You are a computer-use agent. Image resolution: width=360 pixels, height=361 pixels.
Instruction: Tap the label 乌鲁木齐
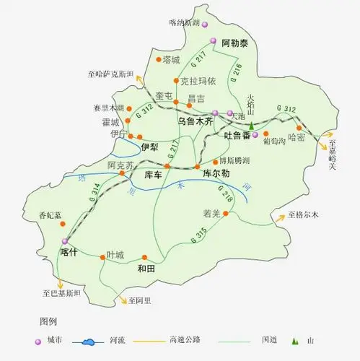(x=197, y=122)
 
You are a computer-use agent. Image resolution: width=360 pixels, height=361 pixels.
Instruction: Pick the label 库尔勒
(x=216, y=174)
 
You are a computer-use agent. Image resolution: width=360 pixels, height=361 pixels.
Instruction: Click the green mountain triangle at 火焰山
(x=253, y=126)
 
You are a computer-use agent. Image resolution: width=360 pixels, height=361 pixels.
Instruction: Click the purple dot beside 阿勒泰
(x=212, y=42)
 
